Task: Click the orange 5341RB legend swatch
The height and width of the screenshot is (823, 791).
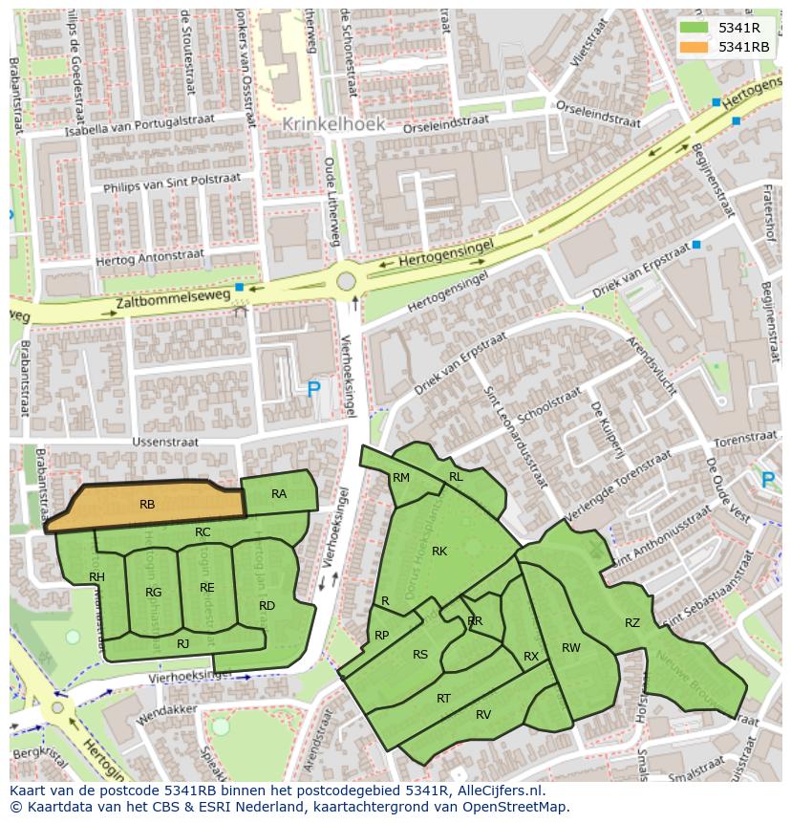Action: [x=694, y=47]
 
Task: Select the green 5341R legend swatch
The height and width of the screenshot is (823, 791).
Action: [x=694, y=28]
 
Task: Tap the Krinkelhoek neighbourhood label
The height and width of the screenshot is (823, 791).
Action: [x=333, y=124]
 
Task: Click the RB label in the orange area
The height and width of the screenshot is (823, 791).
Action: [x=147, y=504]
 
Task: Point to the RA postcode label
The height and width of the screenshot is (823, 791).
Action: [x=279, y=494]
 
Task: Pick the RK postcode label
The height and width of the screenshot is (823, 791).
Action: [x=439, y=551]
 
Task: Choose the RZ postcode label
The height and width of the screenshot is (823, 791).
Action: [x=632, y=623]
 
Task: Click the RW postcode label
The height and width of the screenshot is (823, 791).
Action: [x=570, y=648]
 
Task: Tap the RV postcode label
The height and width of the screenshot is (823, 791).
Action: [x=483, y=714]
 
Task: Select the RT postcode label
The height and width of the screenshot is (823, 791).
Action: [x=443, y=699]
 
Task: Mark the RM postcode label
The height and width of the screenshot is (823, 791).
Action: [x=401, y=477]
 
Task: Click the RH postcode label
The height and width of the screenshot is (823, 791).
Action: [x=96, y=576]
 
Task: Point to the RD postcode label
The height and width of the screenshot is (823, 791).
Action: [x=267, y=605]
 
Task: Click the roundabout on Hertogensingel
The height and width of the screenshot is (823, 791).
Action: [x=346, y=281]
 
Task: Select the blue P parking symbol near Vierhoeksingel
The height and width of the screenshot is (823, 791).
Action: [x=313, y=389]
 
